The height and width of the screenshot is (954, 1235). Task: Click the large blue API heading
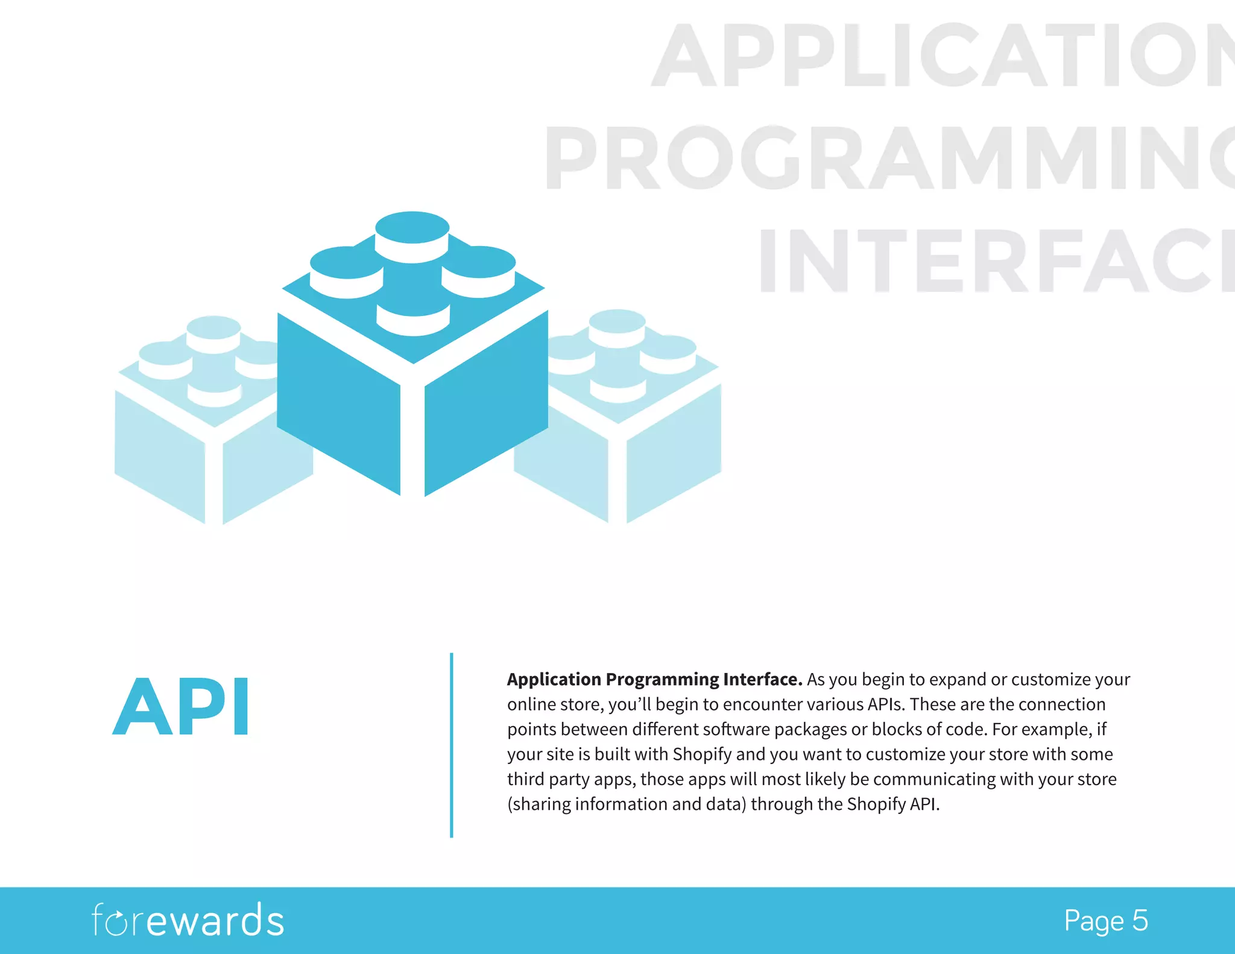tap(181, 706)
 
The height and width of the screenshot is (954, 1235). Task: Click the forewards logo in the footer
tap(188, 920)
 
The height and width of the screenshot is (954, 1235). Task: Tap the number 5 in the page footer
tap(1140, 921)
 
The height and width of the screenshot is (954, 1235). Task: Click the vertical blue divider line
tap(451, 745)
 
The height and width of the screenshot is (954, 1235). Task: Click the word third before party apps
tap(525, 779)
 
